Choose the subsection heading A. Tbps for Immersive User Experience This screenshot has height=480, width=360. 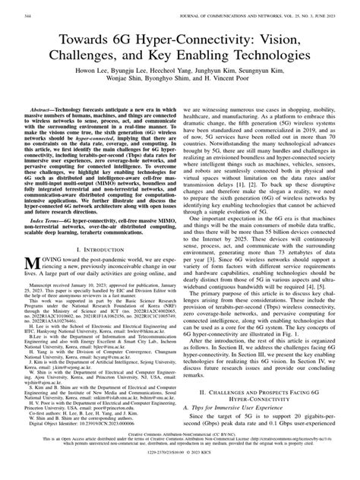click(x=231, y=410)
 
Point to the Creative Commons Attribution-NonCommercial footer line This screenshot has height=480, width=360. click(x=180, y=456)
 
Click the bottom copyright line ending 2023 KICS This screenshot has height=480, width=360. click(x=180, y=473)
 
